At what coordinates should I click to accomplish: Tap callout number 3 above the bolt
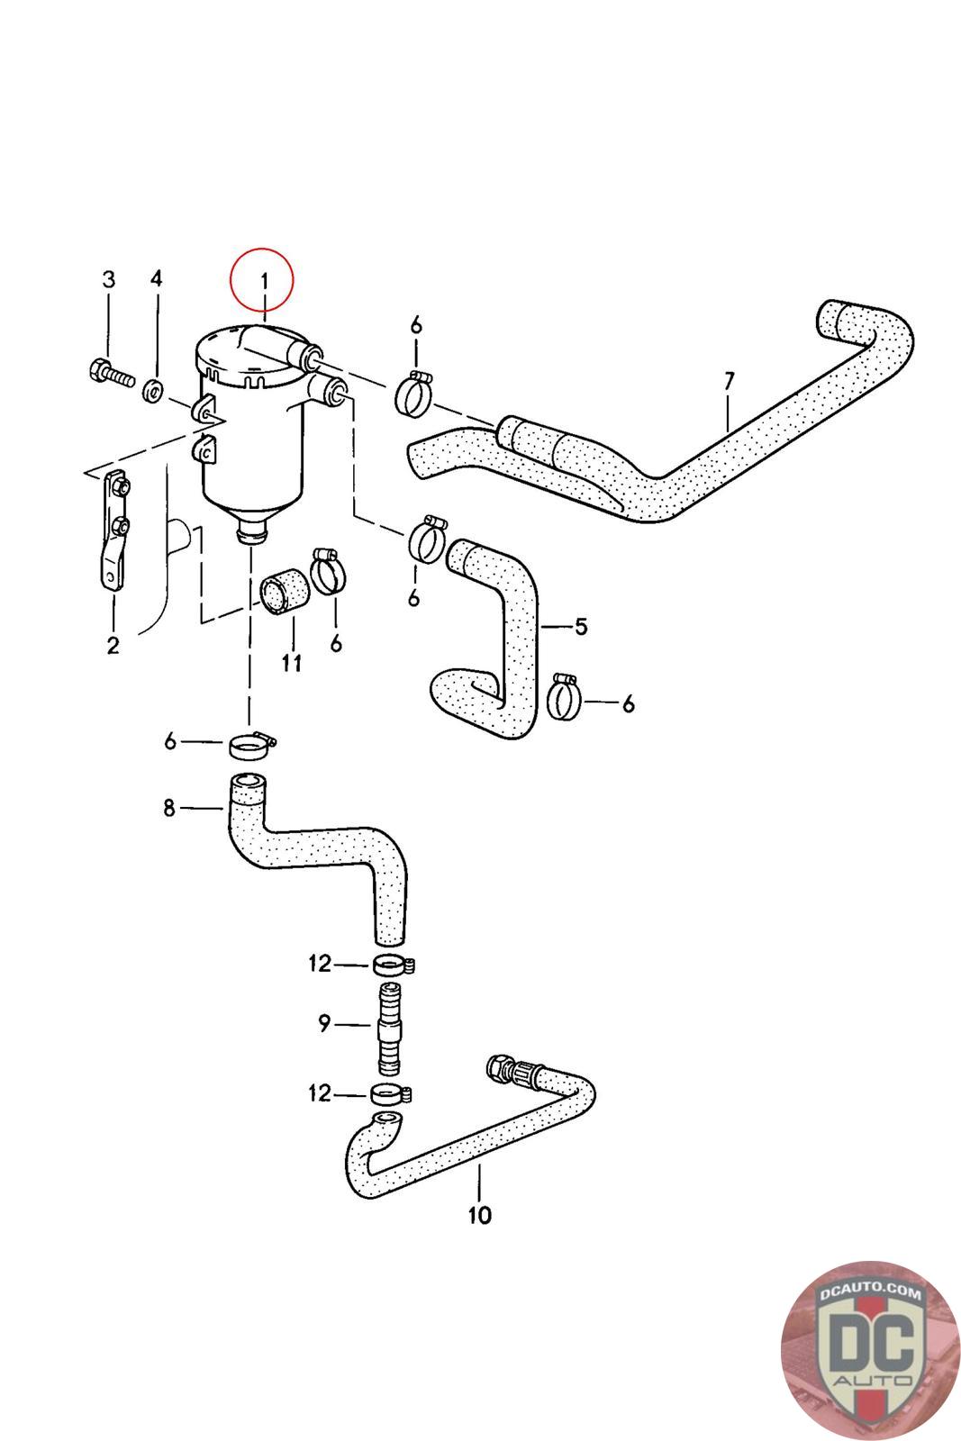(108, 279)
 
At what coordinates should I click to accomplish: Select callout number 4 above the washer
(156, 278)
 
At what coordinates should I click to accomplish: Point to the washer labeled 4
(154, 390)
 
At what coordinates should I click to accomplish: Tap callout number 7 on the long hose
(729, 381)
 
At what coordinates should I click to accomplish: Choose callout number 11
(290, 663)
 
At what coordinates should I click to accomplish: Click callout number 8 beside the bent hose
(169, 808)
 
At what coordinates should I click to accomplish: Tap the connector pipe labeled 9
(387, 1028)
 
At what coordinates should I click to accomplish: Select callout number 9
(324, 1023)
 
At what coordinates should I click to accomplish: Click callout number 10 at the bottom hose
(480, 1215)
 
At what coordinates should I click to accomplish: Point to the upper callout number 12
(320, 964)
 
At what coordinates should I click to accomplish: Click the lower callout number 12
(320, 1093)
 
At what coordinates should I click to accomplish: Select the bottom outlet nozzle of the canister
(249, 535)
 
